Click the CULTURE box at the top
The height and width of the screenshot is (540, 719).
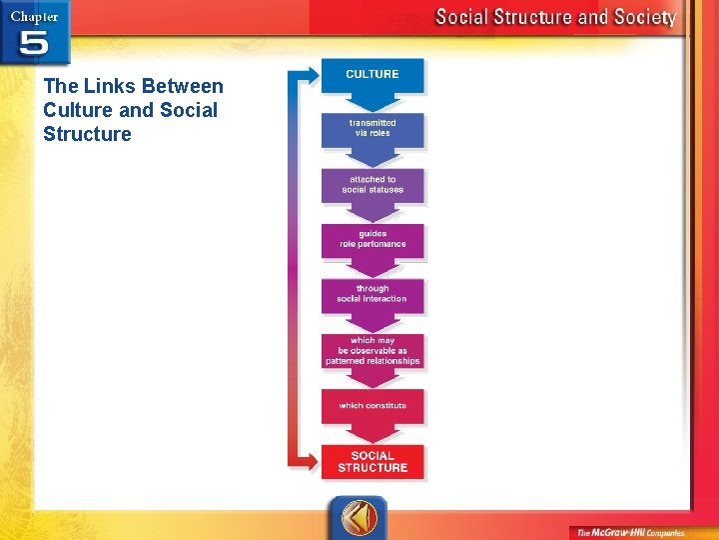point(372,75)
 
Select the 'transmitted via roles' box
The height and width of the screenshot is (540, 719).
point(372,128)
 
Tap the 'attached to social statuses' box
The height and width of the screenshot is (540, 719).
point(372,184)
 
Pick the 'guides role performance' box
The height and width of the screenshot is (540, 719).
point(372,239)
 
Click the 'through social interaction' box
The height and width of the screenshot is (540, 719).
point(372,294)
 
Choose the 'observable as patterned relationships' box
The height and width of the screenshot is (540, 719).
point(372,350)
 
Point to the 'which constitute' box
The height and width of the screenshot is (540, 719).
point(372,405)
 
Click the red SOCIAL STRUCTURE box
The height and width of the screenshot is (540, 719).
point(372,461)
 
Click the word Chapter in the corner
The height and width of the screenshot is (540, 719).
point(34,15)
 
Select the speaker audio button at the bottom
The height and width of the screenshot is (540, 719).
point(357,517)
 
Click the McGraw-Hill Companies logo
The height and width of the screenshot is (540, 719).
point(642,531)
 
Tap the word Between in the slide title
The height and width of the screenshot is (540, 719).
point(182,86)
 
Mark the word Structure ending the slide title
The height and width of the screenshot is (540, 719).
point(87,134)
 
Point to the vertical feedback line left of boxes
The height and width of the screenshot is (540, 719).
point(291,270)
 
